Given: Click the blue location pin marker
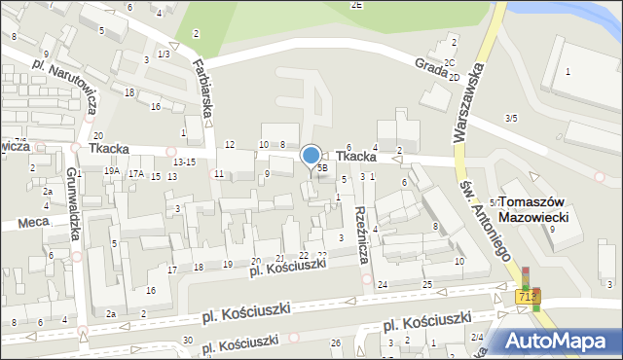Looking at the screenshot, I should click(311, 156).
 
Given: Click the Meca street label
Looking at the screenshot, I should click(33, 224).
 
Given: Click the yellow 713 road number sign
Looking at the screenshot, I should click(527, 296).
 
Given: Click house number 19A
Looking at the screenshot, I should click(112, 171).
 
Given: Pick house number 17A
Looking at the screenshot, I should click(137, 174).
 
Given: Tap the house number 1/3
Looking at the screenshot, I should click(164, 54).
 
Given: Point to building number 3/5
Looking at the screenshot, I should click(511, 118).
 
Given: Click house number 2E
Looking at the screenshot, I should click(357, 5).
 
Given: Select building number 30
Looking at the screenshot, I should click(187, 341).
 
